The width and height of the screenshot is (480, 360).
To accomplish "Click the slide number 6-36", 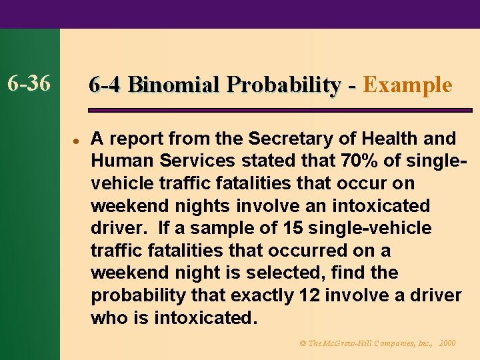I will point(29,84).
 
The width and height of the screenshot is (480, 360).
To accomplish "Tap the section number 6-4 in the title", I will point(104,85).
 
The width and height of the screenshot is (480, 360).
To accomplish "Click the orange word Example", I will point(408,85).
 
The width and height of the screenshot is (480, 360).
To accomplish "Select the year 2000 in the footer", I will point(447,343).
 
